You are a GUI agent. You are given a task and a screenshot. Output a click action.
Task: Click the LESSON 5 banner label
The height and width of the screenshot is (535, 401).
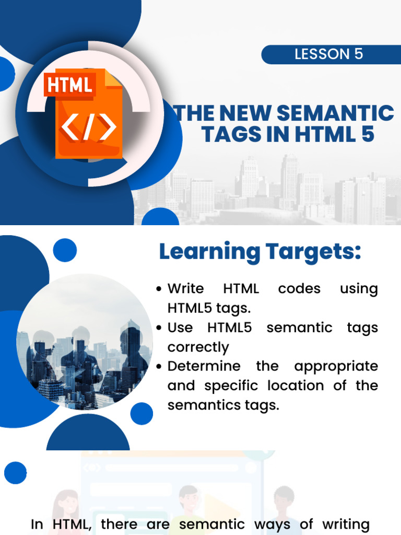click(x=328, y=54)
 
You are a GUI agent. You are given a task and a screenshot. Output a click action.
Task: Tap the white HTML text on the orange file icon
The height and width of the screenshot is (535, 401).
click(x=70, y=85)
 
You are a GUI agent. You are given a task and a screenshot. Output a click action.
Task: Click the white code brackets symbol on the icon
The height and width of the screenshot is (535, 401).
click(x=89, y=128)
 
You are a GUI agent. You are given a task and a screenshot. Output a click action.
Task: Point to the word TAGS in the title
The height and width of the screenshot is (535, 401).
click(x=228, y=134)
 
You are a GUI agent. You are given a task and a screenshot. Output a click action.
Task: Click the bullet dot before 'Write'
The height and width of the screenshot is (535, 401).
click(x=160, y=289)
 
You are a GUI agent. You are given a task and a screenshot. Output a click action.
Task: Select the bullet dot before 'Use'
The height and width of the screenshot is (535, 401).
click(x=160, y=328)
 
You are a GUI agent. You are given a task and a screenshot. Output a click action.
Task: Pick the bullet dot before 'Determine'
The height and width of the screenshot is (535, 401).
click(x=160, y=367)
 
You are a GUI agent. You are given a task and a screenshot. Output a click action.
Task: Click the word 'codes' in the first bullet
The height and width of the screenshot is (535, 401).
click(x=299, y=289)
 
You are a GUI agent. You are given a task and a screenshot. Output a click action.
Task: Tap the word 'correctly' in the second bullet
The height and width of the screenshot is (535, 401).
click(x=198, y=347)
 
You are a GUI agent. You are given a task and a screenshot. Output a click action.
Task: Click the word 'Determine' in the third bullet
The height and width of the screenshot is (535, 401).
click(x=204, y=366)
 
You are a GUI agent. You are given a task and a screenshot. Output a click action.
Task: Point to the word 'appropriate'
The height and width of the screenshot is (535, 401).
click(x=336, y=366)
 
